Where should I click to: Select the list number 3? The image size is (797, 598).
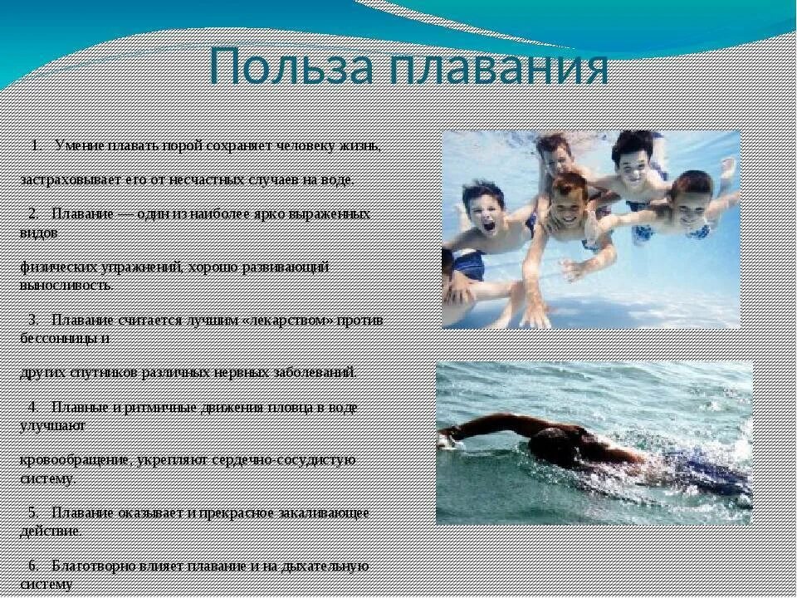click(x=33, y=320)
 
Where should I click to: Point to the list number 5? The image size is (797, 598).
click(x=33, y=512)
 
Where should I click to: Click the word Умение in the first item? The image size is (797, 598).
click(x=79, y=146)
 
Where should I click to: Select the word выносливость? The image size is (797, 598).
click(x=66, y=285)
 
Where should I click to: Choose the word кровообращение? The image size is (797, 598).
click(x=73, y=459)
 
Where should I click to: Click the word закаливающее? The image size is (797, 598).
click(x=325, y=512)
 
